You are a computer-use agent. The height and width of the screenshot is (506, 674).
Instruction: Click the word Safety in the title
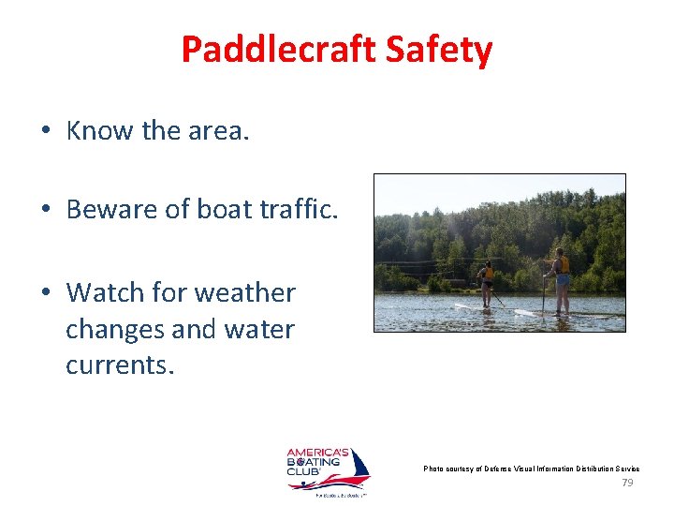click(443, 50)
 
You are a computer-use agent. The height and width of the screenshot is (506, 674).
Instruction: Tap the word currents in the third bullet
click(120, 365)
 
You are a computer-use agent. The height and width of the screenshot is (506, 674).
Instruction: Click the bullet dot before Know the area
click(45, 132)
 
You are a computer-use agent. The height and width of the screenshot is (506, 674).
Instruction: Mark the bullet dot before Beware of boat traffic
click(45, 210)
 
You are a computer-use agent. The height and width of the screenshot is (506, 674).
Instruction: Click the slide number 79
click(627, 483)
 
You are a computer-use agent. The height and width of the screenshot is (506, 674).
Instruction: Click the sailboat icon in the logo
click(353, 467)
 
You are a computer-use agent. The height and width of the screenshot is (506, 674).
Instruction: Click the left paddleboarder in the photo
click(485, 281)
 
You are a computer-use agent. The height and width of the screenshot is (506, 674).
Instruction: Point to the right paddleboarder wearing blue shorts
click(561, 279)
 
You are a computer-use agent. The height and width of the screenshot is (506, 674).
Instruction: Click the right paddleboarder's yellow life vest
click(562, 265)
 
